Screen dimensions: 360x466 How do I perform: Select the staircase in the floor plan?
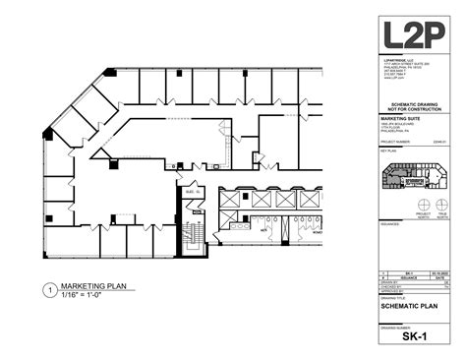point(194,238)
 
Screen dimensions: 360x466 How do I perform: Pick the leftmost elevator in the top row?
point(228,200)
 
